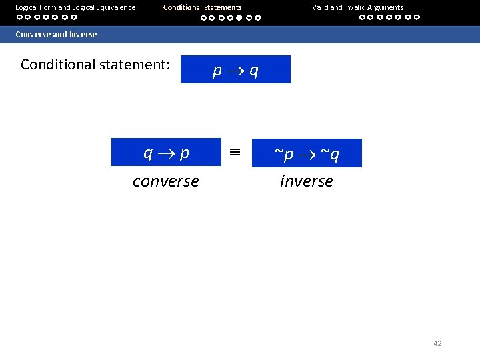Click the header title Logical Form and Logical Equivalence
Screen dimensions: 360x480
[x=75, y=7]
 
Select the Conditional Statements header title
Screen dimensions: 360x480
[x=203, y=7]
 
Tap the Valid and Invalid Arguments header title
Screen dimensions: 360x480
[x=357, y=7]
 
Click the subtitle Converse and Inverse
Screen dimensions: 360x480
[x=56, y=34]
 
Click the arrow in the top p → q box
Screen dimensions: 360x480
[x=235, y=70]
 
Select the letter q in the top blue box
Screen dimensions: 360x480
[x=254, y=71]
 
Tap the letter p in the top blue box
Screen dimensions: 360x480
[x=217, y=71]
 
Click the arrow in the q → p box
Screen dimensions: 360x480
[x=167, y=153]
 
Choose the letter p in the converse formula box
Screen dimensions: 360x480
[x=185, y=154]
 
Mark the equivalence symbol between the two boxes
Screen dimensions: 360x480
[x=234, y=152]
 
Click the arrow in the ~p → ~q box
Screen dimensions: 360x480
[x=307, y=155]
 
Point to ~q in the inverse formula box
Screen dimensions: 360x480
[x=330, y=155]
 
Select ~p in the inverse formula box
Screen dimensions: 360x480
[x=284, y=155]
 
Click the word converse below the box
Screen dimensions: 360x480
[x=165, y=181]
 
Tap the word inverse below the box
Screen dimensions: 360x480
[x=307, y=181]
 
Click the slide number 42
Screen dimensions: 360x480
[x=437, y=343]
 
